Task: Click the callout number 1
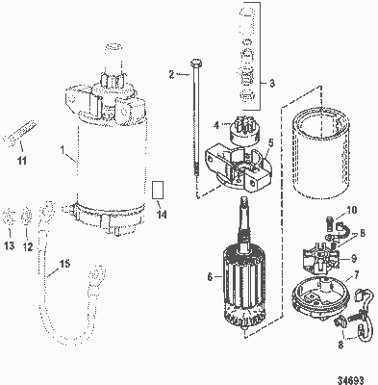click(x=63, y=149)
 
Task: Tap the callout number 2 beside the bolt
click(x=171, y=74)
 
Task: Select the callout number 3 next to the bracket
click(x=272, y=84)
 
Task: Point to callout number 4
click(x=216, y=125)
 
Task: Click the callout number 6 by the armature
click(x=210, y=276)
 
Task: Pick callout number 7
click(x=356, y=274)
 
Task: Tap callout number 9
click(x=354, y=258)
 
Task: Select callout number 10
click(x=352, y=210)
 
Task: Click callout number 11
click(x=22, y=160)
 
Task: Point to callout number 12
click(x=28, y=246)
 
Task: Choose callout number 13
click(x=10, y=246)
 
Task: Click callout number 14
click(x=162, y=214)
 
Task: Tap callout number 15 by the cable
click(x=64, y=264)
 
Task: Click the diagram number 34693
click(x=351, y=380)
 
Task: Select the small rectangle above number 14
click(x=157, y=190)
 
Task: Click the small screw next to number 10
click(x=329, y=222)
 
